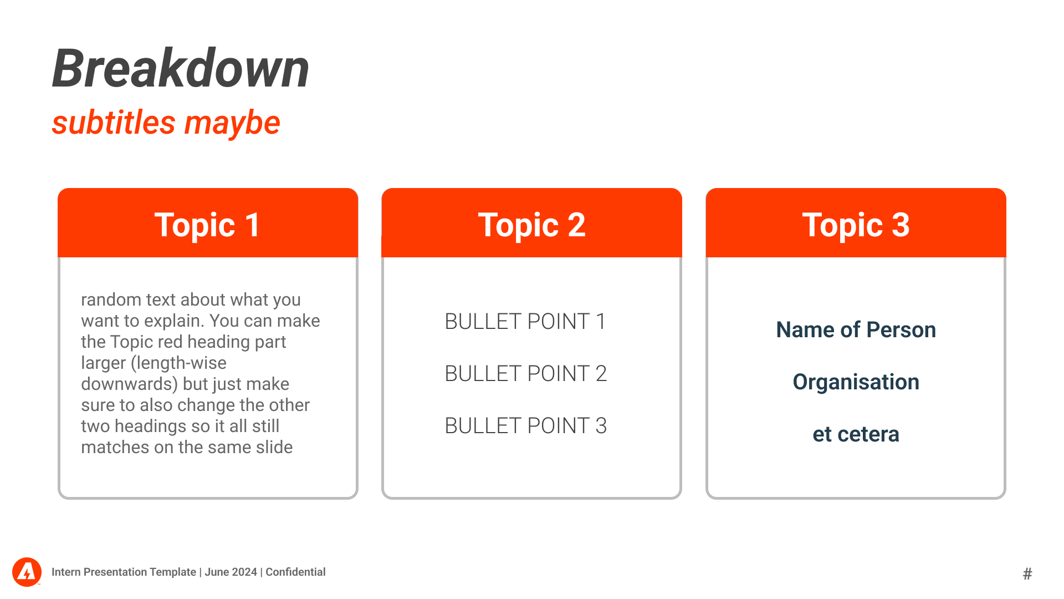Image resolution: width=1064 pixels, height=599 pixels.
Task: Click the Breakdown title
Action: [x=181, y=68]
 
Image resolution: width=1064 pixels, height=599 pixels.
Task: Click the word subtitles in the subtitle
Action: [x=114, y=123]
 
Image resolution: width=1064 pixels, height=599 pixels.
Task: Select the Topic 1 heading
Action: [x=207, y=225]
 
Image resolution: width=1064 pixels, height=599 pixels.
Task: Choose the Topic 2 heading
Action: [x=531, y=225]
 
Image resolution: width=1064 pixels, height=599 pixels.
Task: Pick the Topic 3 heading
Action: [x=856, y=225]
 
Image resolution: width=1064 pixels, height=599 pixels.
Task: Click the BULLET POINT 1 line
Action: [x=525, y=322]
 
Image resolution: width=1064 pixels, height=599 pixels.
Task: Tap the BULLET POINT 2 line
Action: [x=526, y=374]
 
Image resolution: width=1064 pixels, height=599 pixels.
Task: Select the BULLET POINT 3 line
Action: [x=526, y=426]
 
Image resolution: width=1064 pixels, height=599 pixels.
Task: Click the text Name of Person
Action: [x=856, y=330]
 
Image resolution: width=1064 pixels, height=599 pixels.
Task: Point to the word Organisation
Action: [x=856, y=382]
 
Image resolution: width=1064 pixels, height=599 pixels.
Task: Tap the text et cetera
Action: [x=856, y=434]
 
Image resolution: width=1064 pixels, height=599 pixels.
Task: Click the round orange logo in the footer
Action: [x=27, y=572]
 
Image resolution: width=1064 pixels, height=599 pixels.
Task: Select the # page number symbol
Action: [x=1027, y=573]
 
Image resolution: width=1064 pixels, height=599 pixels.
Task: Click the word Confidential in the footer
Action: [x=295, y=572]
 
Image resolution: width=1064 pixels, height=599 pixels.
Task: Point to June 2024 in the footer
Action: [x=231, y=572]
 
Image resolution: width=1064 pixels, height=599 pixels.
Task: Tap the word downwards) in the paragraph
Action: [x=129, y=384]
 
